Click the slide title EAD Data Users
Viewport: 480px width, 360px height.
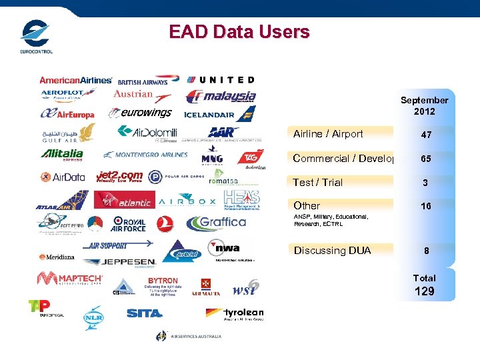239,32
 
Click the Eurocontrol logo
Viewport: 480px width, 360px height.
36,37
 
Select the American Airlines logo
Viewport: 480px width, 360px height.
75,80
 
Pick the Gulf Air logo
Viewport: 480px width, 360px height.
65,133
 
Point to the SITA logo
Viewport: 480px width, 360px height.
144,313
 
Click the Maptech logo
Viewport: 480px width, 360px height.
70,279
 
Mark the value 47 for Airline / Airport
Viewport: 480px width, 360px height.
426,135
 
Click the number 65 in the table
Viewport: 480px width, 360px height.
426,159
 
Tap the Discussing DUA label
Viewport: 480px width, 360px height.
332,251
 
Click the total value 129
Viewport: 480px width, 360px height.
424,291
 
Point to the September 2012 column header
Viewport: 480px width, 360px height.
424,105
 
